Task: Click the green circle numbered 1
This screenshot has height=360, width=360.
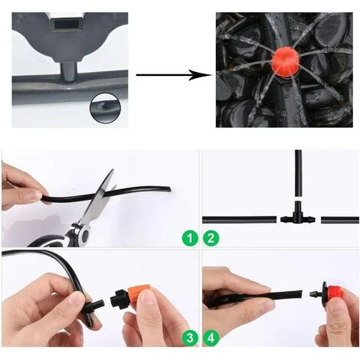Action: point(190,238)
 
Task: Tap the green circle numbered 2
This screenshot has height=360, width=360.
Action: point(211,238)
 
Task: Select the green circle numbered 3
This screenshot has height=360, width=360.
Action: point(190,338)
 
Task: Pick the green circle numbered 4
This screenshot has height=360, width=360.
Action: point(211,338)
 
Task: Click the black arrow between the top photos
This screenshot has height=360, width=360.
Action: point(174,75)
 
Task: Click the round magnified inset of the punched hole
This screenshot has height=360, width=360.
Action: point(105,107)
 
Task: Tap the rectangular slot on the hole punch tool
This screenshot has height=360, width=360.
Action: point(67,25)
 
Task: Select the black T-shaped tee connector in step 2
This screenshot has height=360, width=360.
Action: point(298,214)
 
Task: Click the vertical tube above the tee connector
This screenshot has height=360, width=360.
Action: point(298,173)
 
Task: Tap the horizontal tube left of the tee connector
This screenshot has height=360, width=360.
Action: point(240,220)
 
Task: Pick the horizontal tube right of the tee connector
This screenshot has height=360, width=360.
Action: point(340,220)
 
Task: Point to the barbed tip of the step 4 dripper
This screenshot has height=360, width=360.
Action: point(315,294)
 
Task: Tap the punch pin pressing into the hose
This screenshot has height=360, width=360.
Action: point(68,72)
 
